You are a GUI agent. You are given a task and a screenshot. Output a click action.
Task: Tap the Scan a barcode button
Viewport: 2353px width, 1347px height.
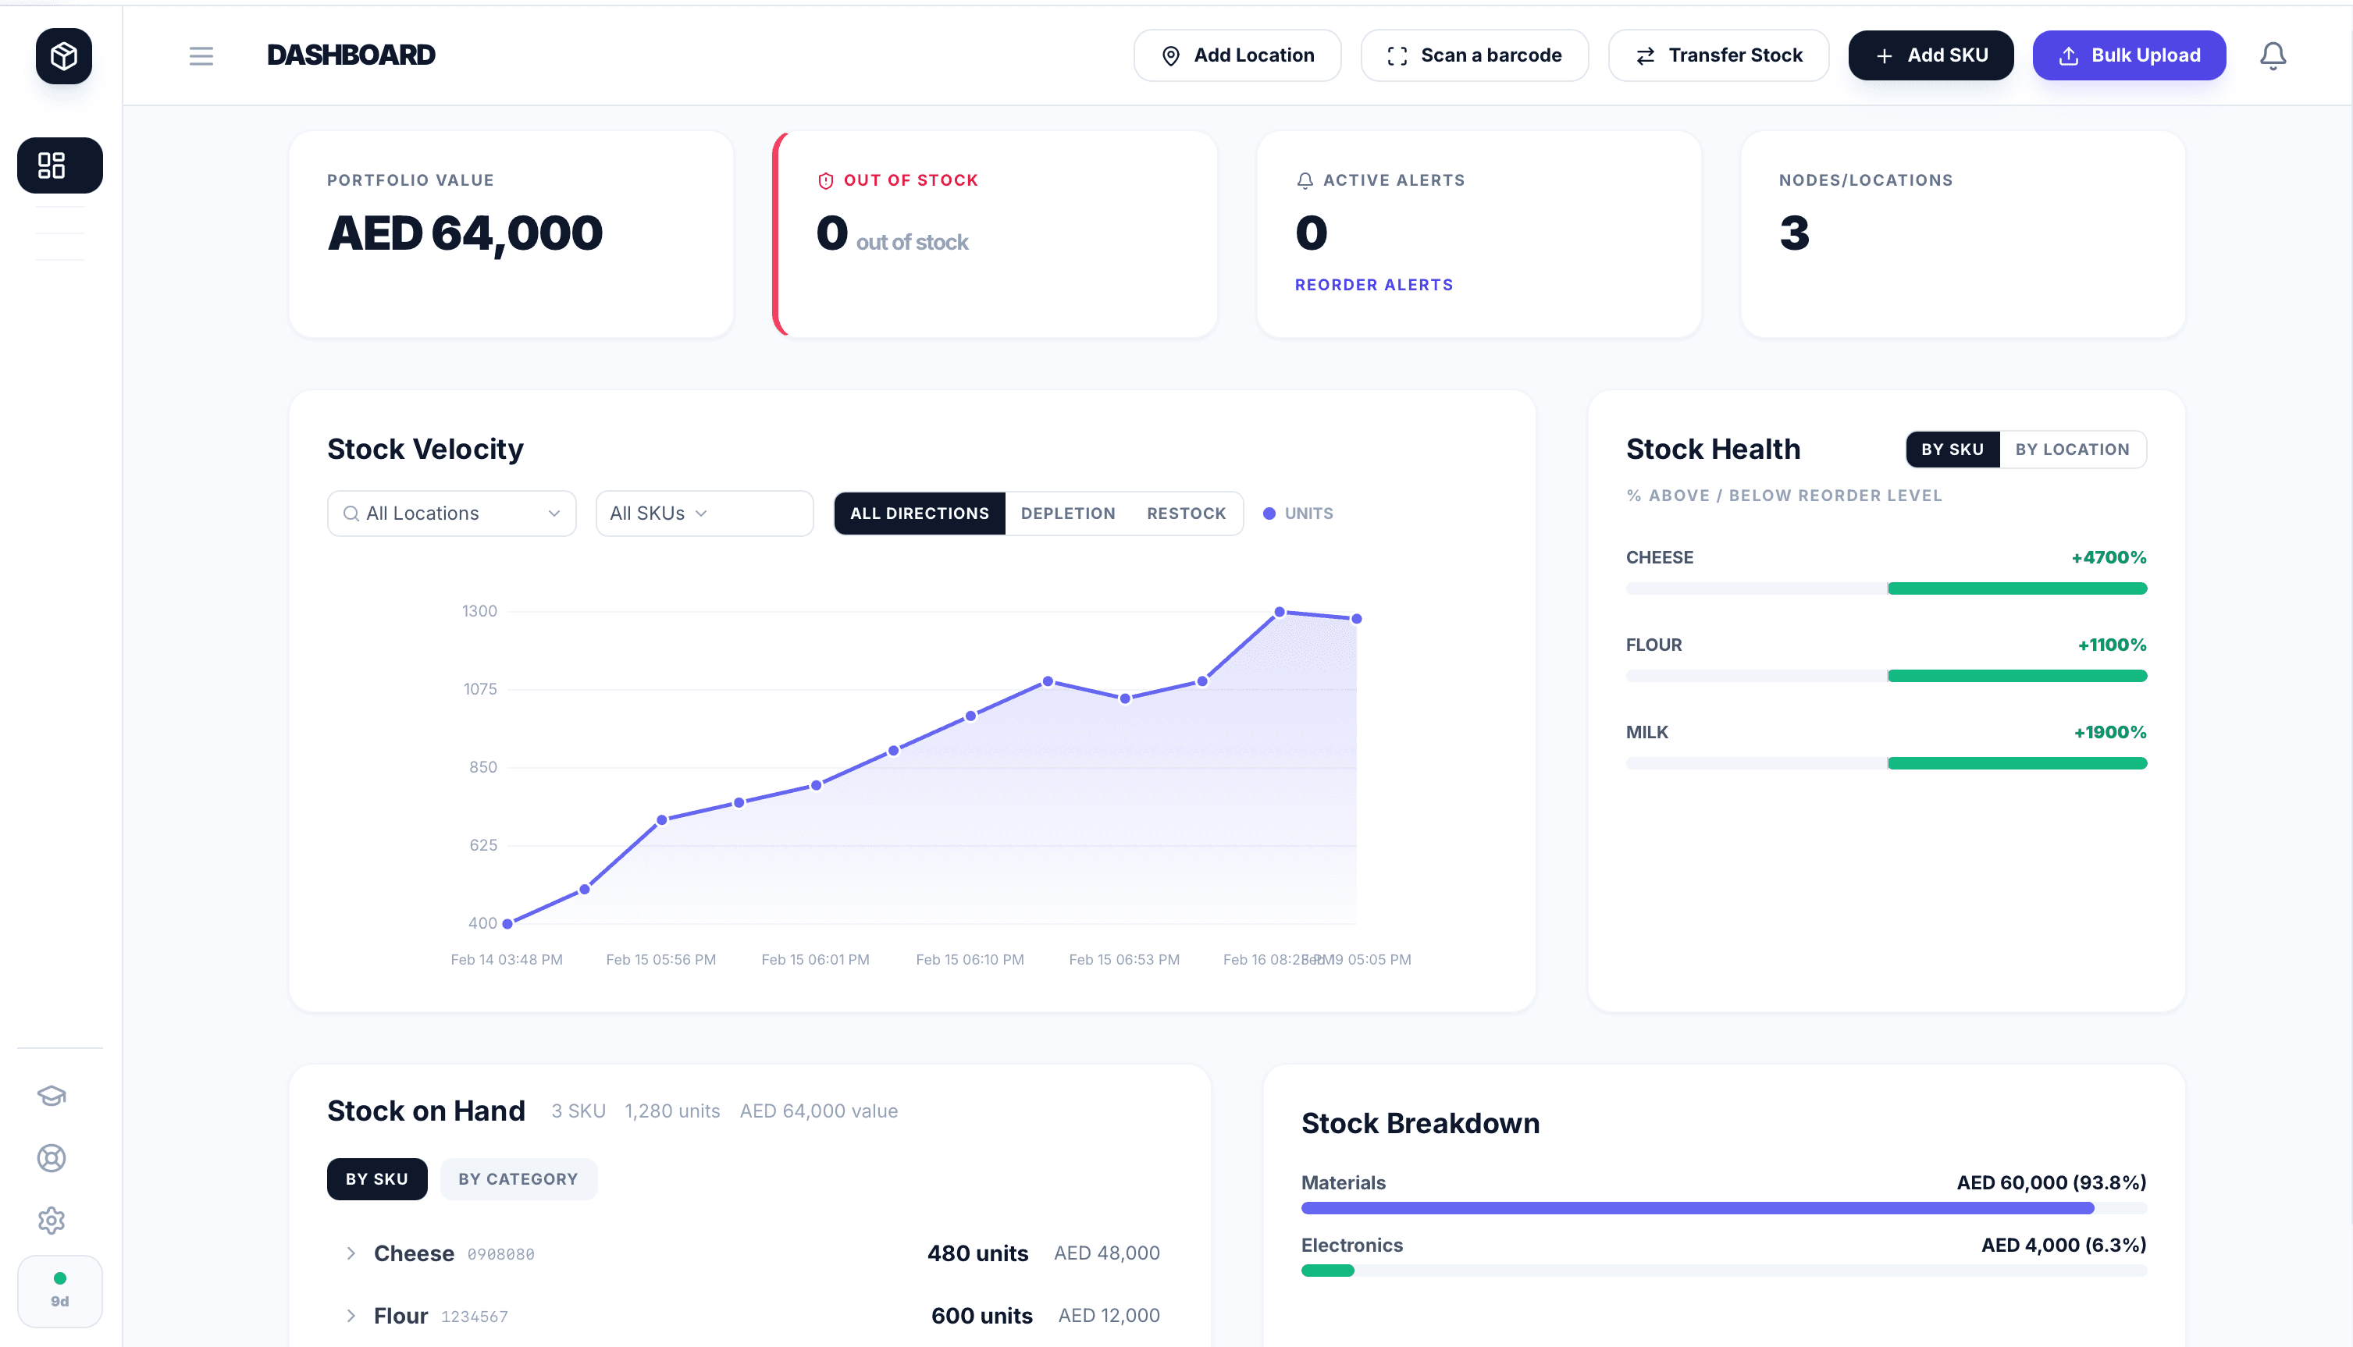coord(1474,55)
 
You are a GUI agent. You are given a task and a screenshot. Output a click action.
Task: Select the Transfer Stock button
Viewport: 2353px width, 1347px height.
coord(1718,55)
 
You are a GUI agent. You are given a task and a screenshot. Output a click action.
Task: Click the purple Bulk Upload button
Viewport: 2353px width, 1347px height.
coord(2128,55)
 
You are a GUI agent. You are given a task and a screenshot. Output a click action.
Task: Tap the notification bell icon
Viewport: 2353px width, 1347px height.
coord(2273,55)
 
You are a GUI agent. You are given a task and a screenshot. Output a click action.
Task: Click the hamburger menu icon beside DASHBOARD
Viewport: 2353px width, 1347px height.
coord(201,55)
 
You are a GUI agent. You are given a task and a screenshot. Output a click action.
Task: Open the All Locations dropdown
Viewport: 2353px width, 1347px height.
coord(451,514)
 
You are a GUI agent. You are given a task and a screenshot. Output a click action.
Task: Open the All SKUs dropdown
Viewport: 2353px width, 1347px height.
coord(703,514)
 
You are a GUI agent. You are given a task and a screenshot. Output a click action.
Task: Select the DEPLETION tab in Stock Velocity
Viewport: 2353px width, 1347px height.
coord(1068,514)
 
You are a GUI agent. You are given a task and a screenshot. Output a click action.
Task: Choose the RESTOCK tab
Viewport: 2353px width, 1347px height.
coord(1185,514)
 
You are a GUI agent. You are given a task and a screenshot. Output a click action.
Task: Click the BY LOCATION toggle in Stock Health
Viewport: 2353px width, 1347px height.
coord(2072,450)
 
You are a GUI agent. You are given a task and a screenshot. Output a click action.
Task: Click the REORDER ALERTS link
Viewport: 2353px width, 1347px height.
coord(1373,285)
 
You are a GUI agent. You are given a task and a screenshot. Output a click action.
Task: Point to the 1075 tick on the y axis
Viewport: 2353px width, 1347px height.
coord(479,689)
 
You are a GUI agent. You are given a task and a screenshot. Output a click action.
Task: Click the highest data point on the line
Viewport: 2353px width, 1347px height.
coord(1279,612)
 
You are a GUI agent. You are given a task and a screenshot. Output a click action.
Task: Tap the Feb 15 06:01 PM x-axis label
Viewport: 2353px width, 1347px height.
coord(814,959)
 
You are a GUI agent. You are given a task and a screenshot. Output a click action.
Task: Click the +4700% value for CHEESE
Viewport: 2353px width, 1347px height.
coord(2108,558)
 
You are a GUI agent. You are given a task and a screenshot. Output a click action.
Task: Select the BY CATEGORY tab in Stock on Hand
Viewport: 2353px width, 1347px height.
coord(518,1178)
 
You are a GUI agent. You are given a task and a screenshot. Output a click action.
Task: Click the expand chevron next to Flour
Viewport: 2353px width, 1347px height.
coord(351,1316)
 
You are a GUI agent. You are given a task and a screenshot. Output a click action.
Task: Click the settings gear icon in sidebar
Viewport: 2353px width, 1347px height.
coord(51,1221)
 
